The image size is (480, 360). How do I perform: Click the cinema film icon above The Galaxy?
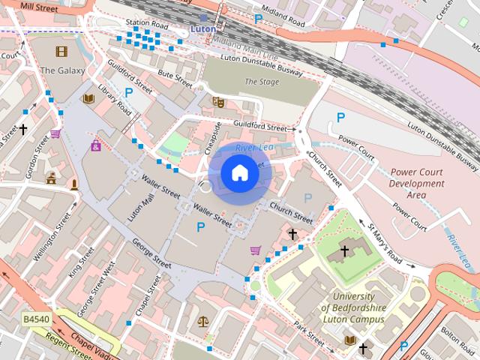pos(60,52)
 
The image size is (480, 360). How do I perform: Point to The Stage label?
pos(261,82)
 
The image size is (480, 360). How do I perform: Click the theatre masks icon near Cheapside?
pos(218,101)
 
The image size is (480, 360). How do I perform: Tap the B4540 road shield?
pos(35,319)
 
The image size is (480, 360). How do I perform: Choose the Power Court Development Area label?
pos(416,183)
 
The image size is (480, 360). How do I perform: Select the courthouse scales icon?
pos(202,321)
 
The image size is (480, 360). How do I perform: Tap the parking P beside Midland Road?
pos(259,19)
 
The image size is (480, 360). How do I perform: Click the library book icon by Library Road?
pos(88,99)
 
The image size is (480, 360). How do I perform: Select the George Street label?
pos(151,253)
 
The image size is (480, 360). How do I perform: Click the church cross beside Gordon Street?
pos(23,129)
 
